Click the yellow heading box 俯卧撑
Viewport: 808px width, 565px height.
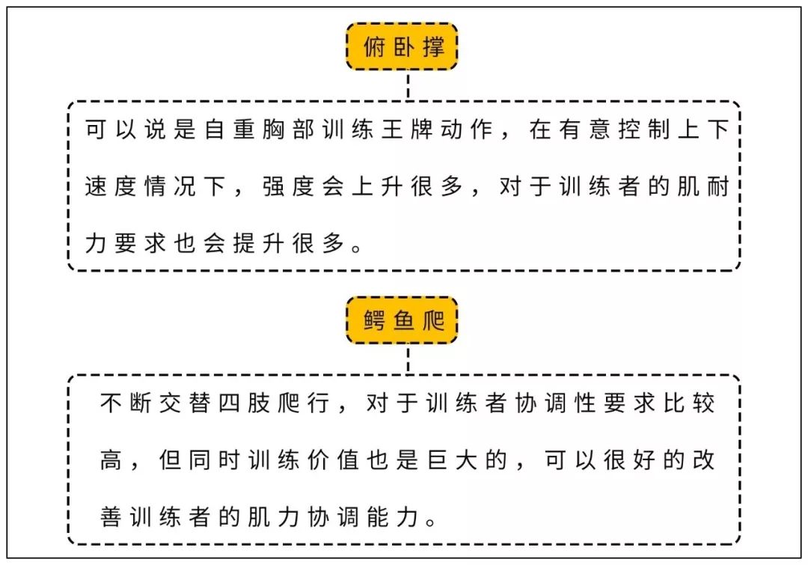[402, 47]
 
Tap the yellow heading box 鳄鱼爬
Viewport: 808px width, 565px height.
[402, 320]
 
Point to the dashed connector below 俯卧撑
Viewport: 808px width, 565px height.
[408, 85]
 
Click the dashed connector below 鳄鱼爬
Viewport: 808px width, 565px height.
[408, 359]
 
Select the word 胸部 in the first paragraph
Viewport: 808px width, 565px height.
[288, 129]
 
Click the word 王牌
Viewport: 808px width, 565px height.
[406, 129]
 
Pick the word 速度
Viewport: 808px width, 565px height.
[110, 186]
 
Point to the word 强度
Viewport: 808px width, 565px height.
[288, 186]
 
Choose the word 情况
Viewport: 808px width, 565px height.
[170, 186]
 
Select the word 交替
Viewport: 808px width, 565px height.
[185, 403]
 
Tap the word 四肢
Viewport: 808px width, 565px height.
[244, 403]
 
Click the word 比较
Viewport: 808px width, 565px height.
[689, 403]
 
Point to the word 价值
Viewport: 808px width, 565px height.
[333, 459]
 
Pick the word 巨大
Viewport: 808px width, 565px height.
[452, 459]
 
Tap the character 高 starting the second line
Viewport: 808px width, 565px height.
[111, 459]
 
